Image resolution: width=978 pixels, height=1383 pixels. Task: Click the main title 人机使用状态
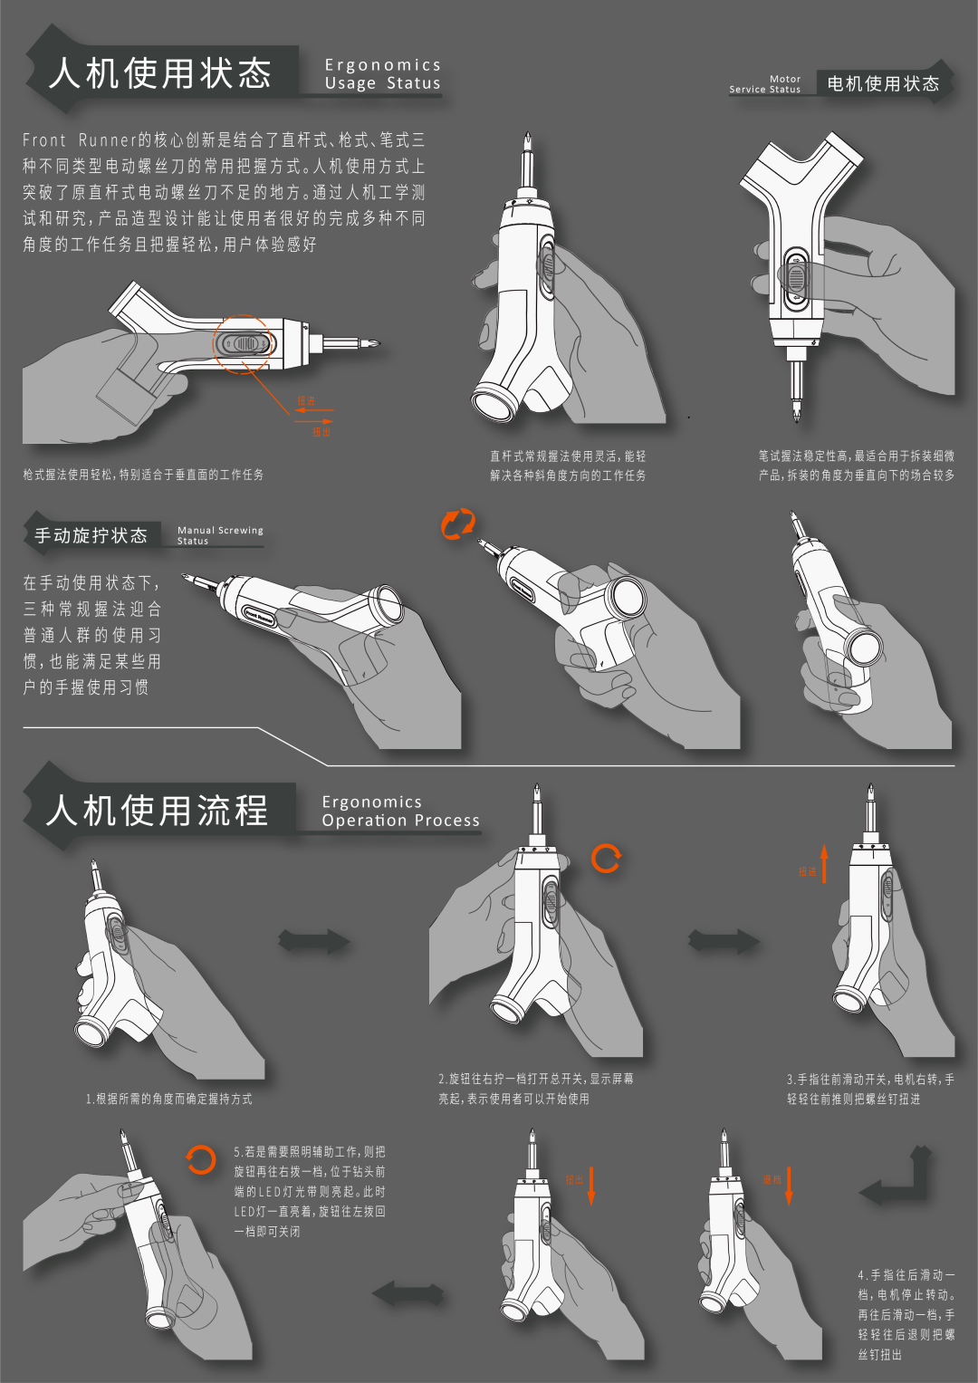pyautogui.click(x=160, y=72)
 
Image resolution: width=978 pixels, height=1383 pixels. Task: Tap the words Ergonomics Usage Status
pyautogui.click(x=382, y=74)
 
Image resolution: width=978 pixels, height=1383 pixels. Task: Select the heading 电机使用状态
pyautogui.click(x=883, y=83)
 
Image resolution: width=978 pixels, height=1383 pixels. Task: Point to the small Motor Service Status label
pyautogui.click(x=766, y=84)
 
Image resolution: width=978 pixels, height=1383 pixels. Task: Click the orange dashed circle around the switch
pyautogui.click(x=243, y=344)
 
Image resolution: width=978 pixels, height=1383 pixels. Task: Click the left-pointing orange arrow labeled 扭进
pyautogui.click(x=313, y=410)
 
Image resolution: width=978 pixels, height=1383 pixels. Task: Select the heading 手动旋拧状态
pyautogui.click(x=91, y=535)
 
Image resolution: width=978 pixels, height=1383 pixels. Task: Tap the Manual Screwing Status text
pyautogui.click(x=220, y=535)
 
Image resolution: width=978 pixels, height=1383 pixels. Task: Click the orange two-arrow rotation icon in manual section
pyautogui.click(x=458, y=524)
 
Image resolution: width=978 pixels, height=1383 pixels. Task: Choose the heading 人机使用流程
pyautogui.click(x=158, y=810)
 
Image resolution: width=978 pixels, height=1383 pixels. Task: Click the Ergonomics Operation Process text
pyautogui.click(x=400, y=812)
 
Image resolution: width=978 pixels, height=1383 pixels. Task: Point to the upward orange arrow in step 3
pyautogui.click(x=824, y=864)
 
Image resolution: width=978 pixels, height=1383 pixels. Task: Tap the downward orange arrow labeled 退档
pyautogui.click(x=789, y=1185)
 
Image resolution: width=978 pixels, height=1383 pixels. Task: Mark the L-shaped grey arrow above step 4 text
pyautogui.click(x=896, y=1177)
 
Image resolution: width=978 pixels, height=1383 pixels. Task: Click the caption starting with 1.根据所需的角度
pyautogui.click(x=169, y=1099)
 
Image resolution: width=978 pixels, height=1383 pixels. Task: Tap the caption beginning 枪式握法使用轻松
pyautogui.click(x=143, y=475)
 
